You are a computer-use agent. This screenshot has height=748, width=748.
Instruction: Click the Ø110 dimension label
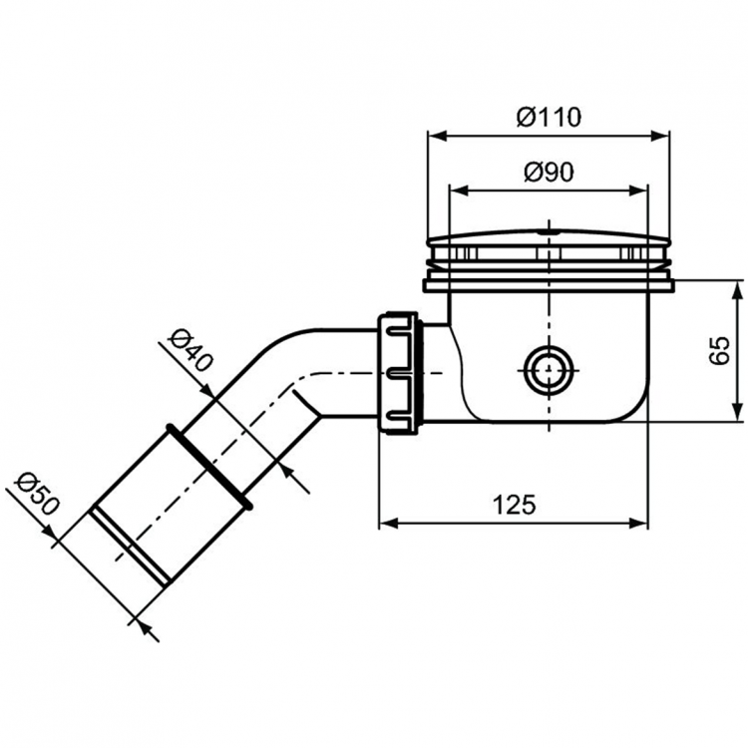click(548, 117)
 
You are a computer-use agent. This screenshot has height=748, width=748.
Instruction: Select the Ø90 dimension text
click(548, 172)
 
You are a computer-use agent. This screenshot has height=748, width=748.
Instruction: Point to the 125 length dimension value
click(514, 505)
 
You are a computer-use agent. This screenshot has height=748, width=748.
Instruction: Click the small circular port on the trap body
click(548, 369)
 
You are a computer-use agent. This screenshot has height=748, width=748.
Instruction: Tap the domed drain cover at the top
click(548, 240)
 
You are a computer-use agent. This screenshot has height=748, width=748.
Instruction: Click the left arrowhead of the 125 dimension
click(386, 523)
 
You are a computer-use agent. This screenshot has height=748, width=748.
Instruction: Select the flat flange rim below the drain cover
click(548, 285)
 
